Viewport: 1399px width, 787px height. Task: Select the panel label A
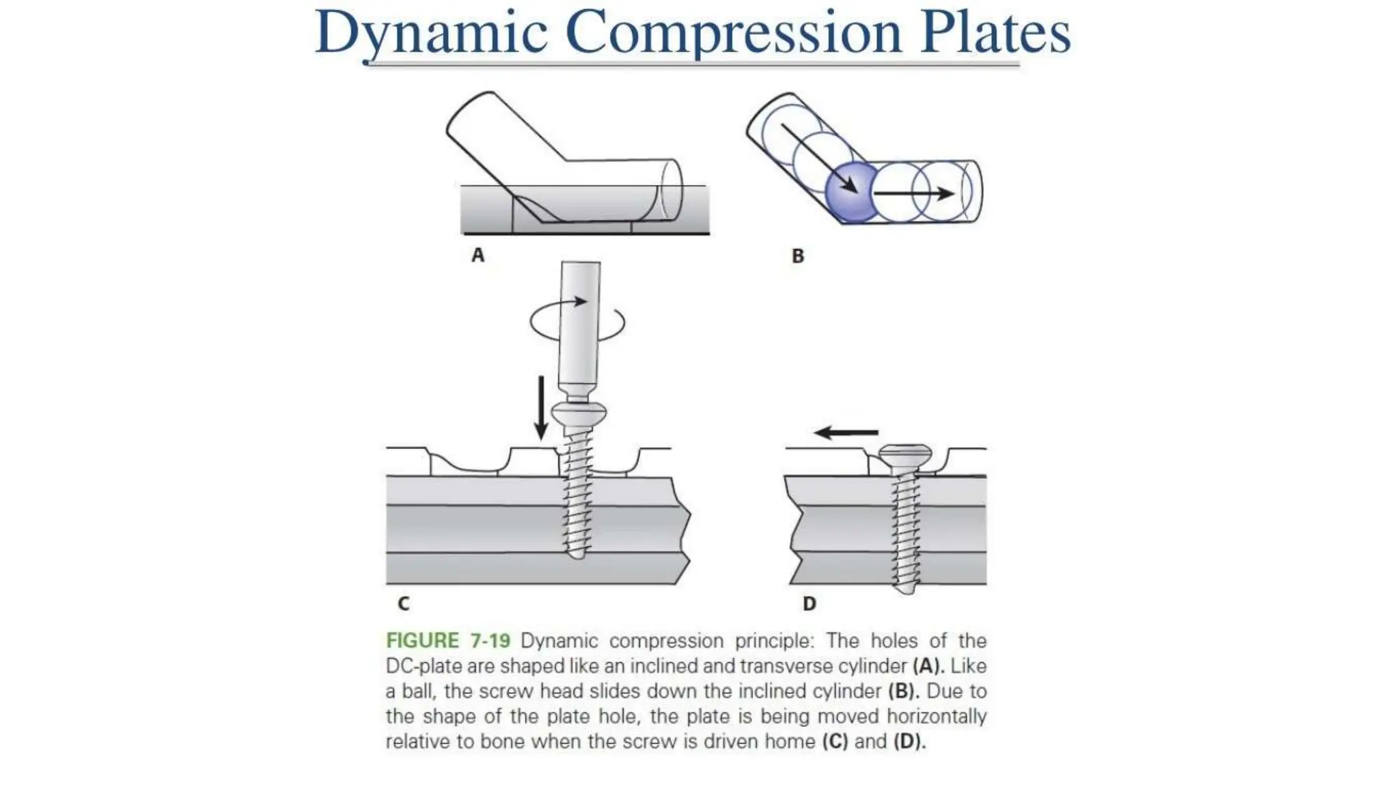pyautogui.click(x=477, y=256)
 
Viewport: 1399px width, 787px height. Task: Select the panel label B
pyautogui.click(x=797, y=256)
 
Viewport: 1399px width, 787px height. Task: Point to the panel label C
pyautogui.click(x=403, y=604)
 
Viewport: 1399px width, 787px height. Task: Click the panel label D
pyautogui.click(x=809, y=604)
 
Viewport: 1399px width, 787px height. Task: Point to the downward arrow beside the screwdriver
pyautogui.click(x=541, y=408)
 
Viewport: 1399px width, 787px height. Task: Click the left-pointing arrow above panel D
pyautogui.click(x=846, y=432)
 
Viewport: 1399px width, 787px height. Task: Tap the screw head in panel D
pyautogui.click(x=904, y=455)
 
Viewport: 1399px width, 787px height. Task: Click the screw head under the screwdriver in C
pyautogui.click(x=579, y=413)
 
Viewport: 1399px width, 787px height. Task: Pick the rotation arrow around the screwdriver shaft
pyautogui.click(x=578, y=322)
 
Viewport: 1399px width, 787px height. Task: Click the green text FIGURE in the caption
pyautogui.click(x=422, y=641)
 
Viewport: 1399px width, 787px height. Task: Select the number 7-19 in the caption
pyautogui.click(x=490, y=641)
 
